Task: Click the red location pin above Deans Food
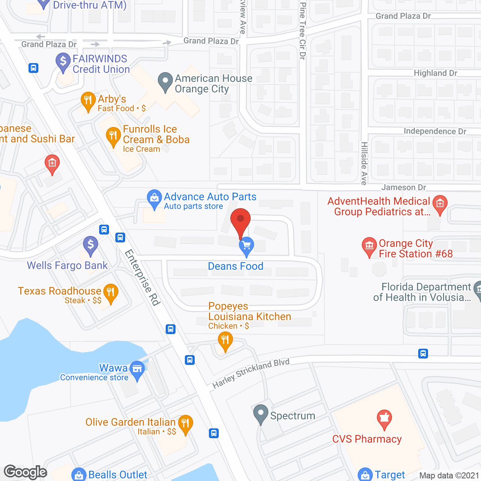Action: pyautogui.click(x=240, y=220)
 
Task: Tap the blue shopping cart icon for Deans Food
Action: pyautogui.click(x=247, y=246)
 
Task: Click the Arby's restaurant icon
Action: pyautogui.click(x=88, y=101)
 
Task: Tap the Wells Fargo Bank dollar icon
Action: pyautogui.click(x=91, y=245)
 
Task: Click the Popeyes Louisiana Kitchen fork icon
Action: pyautogui.click(x=225, y=341)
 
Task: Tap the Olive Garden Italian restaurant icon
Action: pyautogui.click(x=185, y=424)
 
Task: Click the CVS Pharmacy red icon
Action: pyautogui.click(x=384, y=418)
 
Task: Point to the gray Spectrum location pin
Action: pyautogui.click(x=260, y=413)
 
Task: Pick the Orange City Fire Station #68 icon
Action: pyautogui.click(x=369, y=246)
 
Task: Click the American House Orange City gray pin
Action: pyautogui.click(x=165, y=81)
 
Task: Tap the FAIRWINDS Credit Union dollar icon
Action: pyautogui.click(x=63, y=62)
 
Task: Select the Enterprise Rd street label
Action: pyautogui.click(x=142, y=278)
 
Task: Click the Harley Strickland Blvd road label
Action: pyautogui.click(x=251, y=373)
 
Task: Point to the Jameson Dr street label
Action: pyautogui.click(x=404, y=187)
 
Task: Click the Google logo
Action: pyautogui.click(x=26, y=472)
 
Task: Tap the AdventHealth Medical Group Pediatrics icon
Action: pyautogui.click(x=440, y=204)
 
